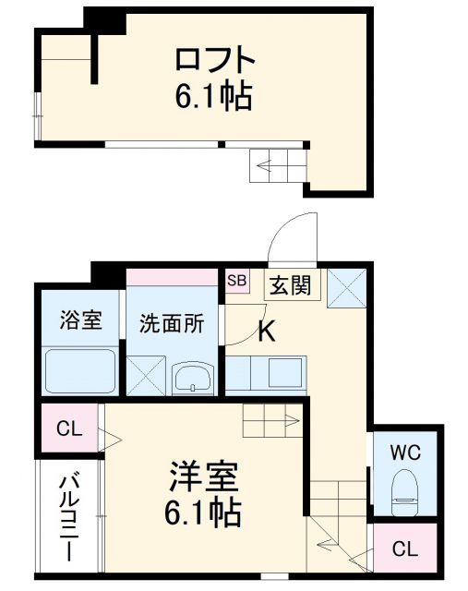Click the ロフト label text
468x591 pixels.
coord(214,60)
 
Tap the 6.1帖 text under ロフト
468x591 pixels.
coord(214,95)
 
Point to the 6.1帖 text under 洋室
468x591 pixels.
coord(204,510)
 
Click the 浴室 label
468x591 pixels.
coord(79,322)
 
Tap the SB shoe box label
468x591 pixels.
coord(237,280)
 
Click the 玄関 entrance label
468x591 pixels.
coord(289,285)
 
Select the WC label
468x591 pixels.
coord(403,453)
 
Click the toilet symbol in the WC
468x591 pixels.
coord(404,492)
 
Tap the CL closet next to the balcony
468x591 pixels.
coord(68,428)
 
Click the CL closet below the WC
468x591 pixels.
coord(404,549)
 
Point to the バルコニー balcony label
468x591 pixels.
coord(70,516)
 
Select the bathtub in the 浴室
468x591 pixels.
coord(80,373)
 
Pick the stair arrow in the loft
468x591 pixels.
coord(275,167)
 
